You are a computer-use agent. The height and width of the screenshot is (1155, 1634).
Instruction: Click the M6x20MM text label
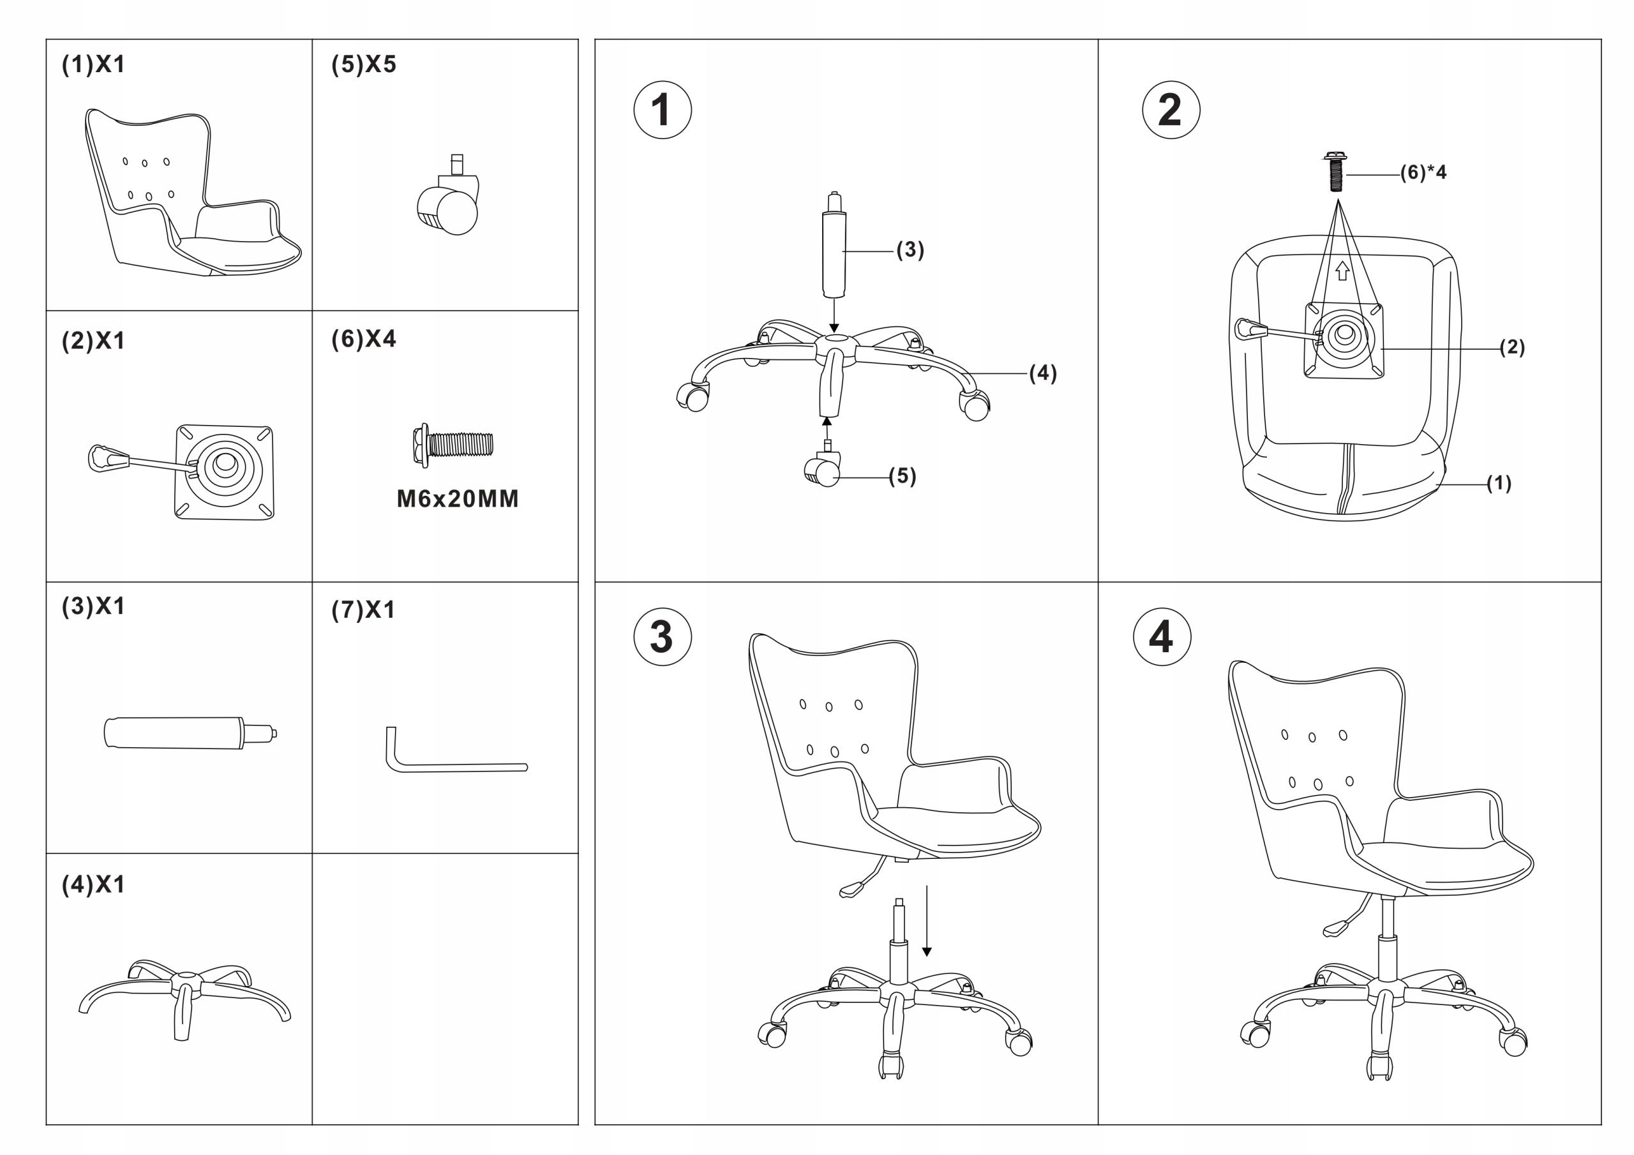(458, 499)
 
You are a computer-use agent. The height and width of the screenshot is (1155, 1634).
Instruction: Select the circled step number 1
(662, 110)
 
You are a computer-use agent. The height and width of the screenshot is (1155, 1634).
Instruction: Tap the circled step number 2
(1171, 110)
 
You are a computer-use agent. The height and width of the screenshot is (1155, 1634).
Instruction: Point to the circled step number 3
(662, 637)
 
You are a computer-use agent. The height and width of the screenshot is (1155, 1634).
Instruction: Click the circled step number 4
(1162, 637)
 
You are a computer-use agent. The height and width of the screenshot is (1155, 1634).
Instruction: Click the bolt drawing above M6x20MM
(453, 445)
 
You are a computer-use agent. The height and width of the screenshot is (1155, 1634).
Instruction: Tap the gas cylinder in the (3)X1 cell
(190, 733)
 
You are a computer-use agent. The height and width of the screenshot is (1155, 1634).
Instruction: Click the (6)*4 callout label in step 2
(1423, 173)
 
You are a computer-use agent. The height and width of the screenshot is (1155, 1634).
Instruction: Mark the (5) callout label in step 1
(903, 476)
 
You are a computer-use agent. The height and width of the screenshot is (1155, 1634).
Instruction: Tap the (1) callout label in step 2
(1499, 483)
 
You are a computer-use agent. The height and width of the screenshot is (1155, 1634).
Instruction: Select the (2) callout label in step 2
(1511, 347)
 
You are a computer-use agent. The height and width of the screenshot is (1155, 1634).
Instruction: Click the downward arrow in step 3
(927, 921)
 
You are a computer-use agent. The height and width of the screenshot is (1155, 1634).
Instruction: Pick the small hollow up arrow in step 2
(1342, 271)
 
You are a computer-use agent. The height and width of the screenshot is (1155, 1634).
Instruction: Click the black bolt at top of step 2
(1336, 172)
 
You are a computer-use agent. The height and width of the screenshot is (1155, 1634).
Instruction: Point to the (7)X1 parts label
(363, 610)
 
